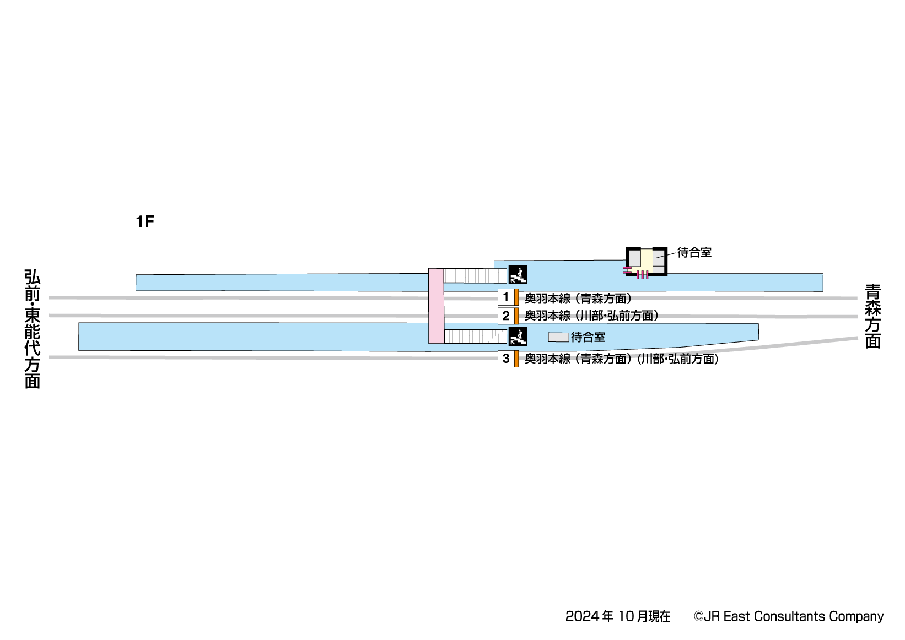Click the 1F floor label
click(145, 221)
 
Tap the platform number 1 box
click(506, 297)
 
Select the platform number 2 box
click(506, 316)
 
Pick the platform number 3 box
click(506, 359)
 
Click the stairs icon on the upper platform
click(518, 274)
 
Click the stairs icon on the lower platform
click(518, 337)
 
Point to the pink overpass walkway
click(436, 306)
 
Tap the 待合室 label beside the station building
click(694, 253)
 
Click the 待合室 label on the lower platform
click(588, 337)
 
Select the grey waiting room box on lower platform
click(558, 337)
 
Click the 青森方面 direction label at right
click(872, 316)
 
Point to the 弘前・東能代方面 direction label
click(33, 329)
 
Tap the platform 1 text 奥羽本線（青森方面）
click(578, 299)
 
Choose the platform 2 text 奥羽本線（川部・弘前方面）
click(591, 316)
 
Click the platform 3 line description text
click(621, 359)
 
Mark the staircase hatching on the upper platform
click(475, 275)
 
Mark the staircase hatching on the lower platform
click(475, 337)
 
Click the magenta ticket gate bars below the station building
click(642, 274)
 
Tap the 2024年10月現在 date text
click(617, 616)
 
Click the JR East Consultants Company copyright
click(788, 616)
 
